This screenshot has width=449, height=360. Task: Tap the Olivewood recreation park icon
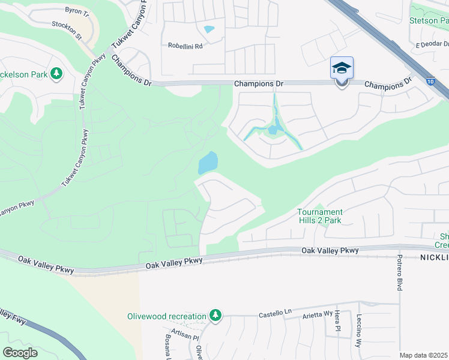point(215,316)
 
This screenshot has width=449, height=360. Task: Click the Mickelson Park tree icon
point(56,73)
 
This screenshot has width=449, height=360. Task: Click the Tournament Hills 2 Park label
point(320,216)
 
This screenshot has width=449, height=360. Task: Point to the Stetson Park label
point(429,20)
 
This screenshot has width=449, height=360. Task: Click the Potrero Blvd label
point(399,272)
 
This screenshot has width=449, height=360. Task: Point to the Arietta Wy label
point(316,314)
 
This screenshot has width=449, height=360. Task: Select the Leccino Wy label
point(359,331)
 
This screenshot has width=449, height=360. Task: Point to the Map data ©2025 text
point(423,355)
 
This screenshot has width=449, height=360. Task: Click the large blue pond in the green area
point(207,161)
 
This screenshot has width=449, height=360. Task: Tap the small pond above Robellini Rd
point(209,29)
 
